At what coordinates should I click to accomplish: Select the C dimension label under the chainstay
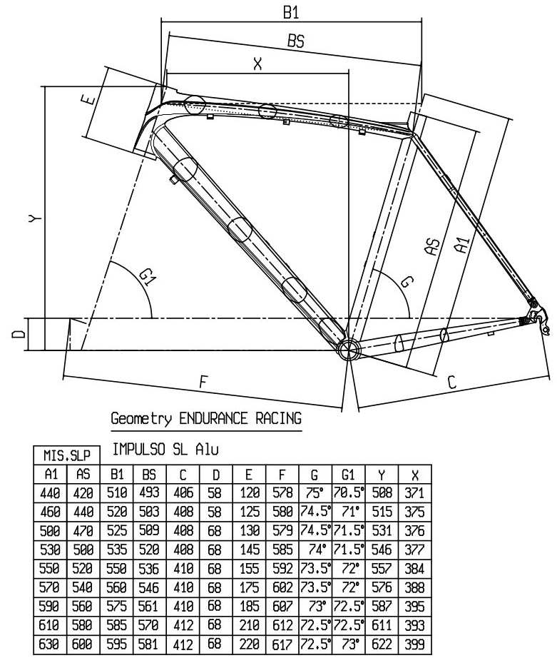click(x=451, y=383)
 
